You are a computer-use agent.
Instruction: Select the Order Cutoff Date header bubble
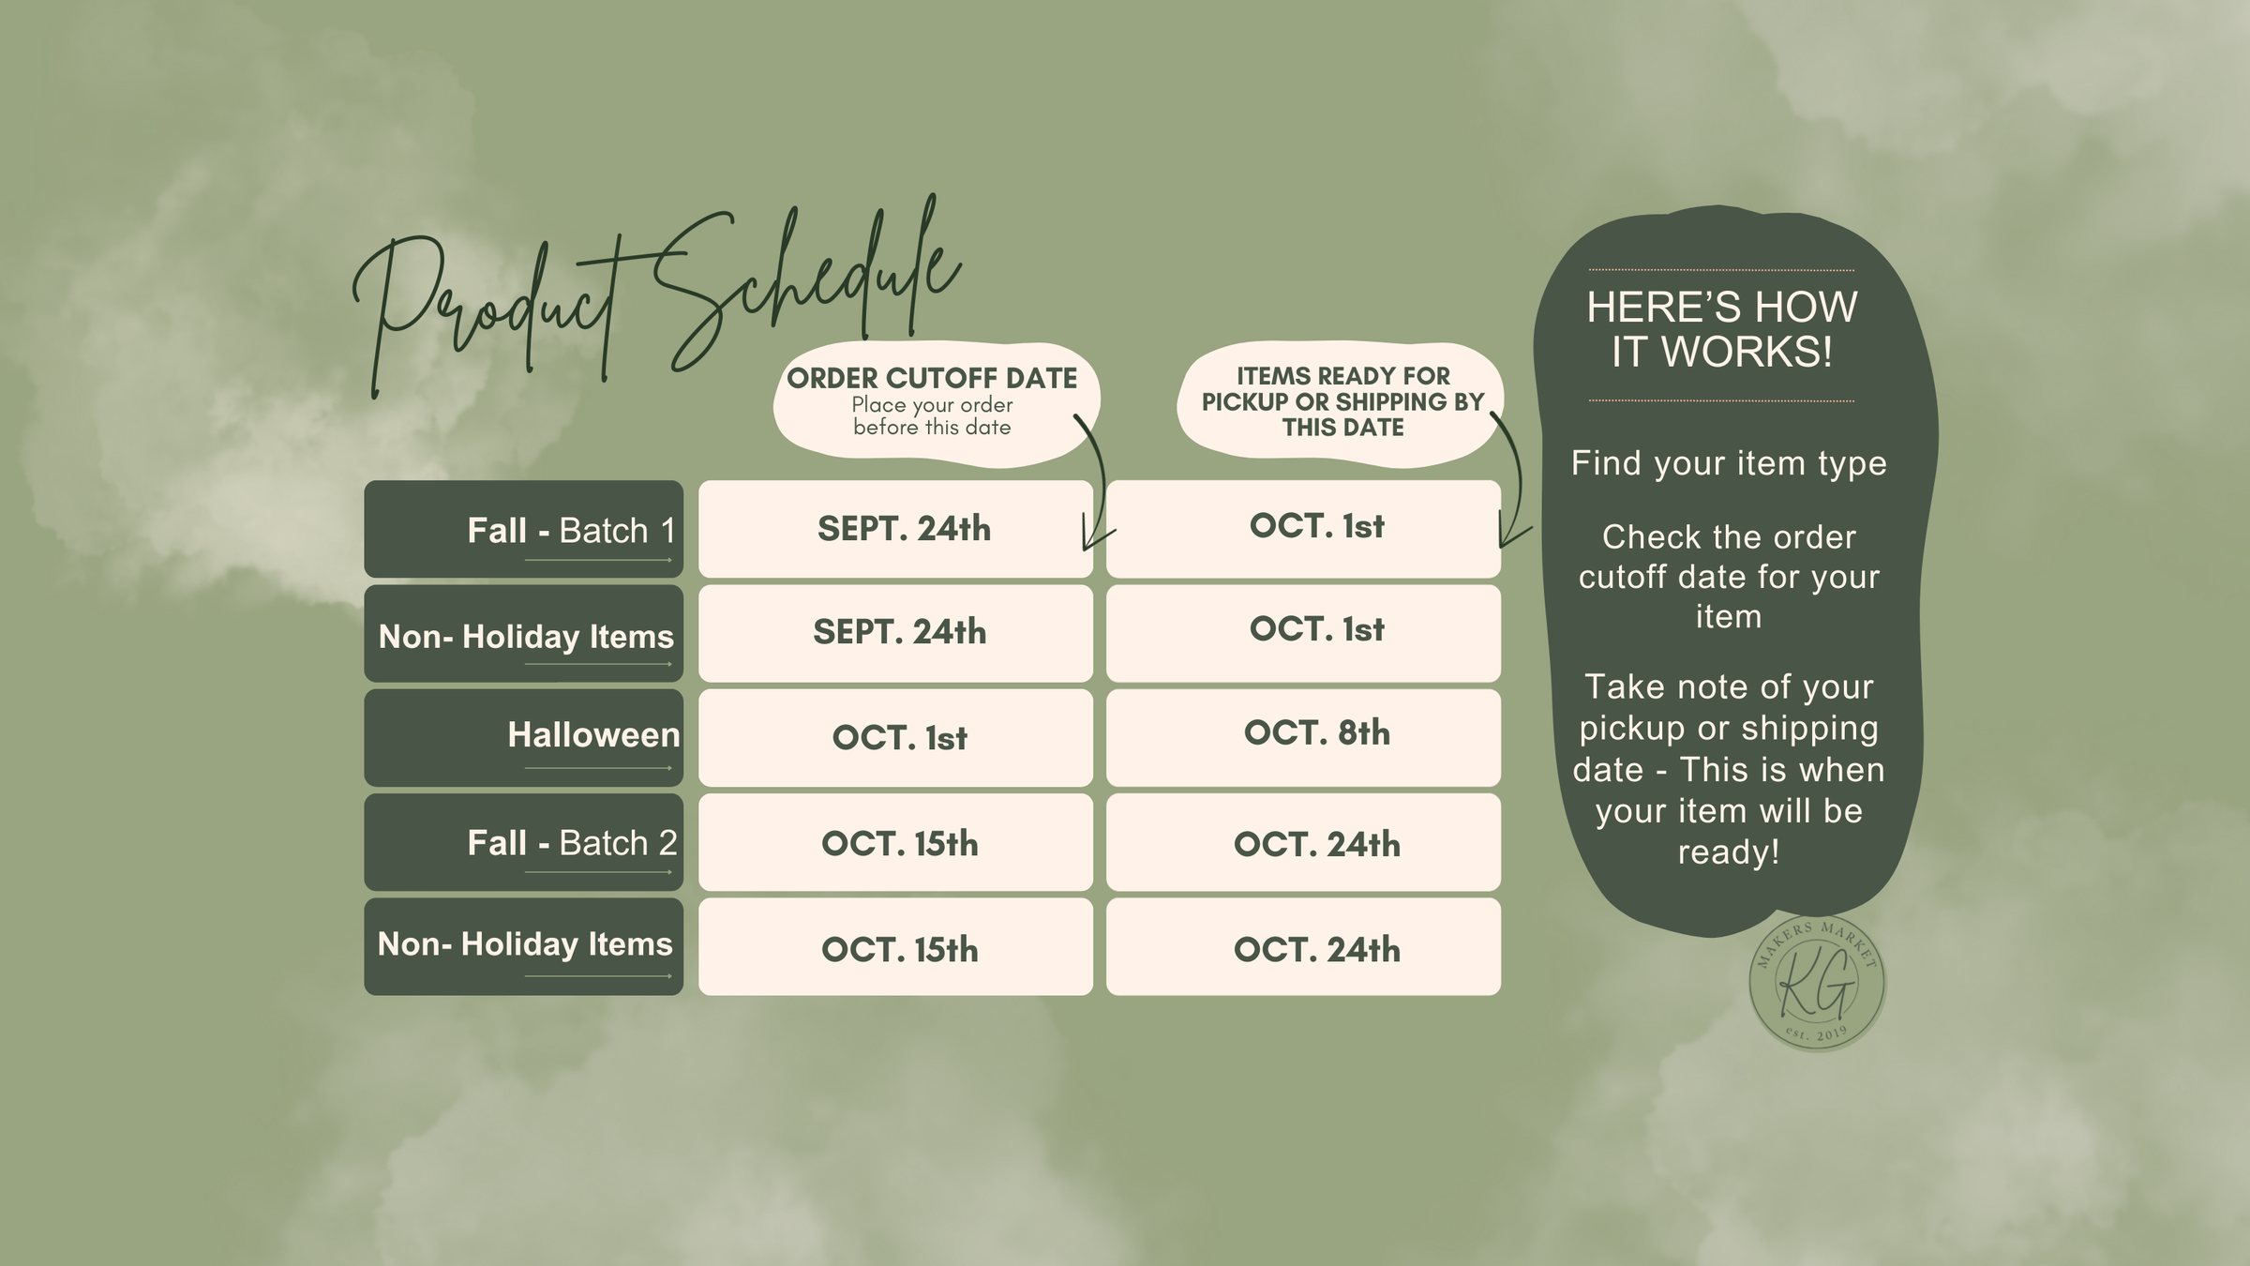coord(936,403)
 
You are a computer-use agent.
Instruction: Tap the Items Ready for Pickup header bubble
coord(1341,403)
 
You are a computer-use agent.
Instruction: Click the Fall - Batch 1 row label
coord(523,529)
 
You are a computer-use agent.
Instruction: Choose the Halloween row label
coord(523,737)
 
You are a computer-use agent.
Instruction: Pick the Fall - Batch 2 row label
coord(523,842)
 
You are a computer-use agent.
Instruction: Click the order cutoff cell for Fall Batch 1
coord(895,529)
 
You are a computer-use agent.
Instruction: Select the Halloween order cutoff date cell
coord(895,737)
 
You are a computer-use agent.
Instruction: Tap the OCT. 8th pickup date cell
coord(1303,737)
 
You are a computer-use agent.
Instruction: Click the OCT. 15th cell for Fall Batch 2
coord(895,842)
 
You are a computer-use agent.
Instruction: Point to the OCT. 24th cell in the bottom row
coord(1303,946)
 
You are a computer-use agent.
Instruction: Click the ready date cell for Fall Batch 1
coord(1303,529)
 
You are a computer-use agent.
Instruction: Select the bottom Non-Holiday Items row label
coord(523,946)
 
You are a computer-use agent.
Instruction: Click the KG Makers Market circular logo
coord(1817,983)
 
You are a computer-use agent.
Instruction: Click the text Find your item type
coord(1729,463)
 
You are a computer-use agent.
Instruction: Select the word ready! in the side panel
coord(1729,852)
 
